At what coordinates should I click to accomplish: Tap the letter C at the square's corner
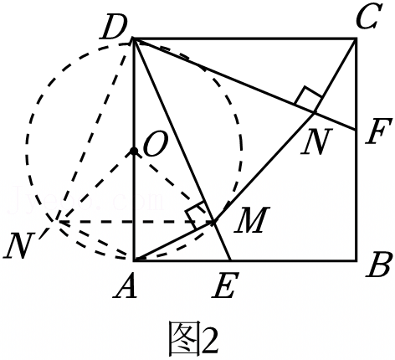coord(369,17)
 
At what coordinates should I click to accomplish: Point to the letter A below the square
coord(126,285)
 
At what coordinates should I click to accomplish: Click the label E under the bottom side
coord(225,285)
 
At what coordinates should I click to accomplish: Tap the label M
coord(252,219)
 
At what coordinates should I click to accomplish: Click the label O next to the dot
coord(156,144)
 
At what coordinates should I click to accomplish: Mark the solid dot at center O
coord(134,151)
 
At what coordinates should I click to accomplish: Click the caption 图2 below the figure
coord(192,338)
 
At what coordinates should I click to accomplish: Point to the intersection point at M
coord(213,222)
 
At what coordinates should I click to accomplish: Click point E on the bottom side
coord(230,260)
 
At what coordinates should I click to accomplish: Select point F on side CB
coord(356,130)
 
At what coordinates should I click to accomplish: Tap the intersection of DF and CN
coord(315,112)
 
